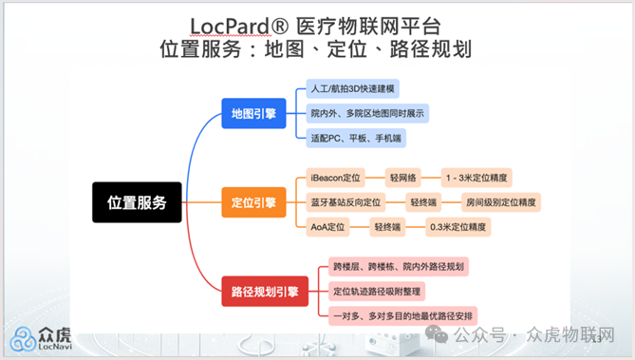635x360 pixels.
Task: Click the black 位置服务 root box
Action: pyautogui.click(x=137, y=201)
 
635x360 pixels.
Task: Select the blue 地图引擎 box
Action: pyautogui.click(x=253, y=113)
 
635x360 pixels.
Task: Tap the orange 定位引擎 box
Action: pyautogui.click(x=253, y=201)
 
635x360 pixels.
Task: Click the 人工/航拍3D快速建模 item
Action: pyautogui.click(x=353, y=89)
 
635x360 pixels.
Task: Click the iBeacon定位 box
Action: pyautogui.click(x=336, y=178)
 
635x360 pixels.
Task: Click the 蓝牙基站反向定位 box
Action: pyautogui.click(x=346, y=201)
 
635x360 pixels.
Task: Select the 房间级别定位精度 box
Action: pyautogui.click(x=499, y=201)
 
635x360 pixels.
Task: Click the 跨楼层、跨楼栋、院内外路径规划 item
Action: pyautogui.click(x=398, y=266)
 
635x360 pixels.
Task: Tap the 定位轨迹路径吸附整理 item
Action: pyautogui.click(x=378, y=290)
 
